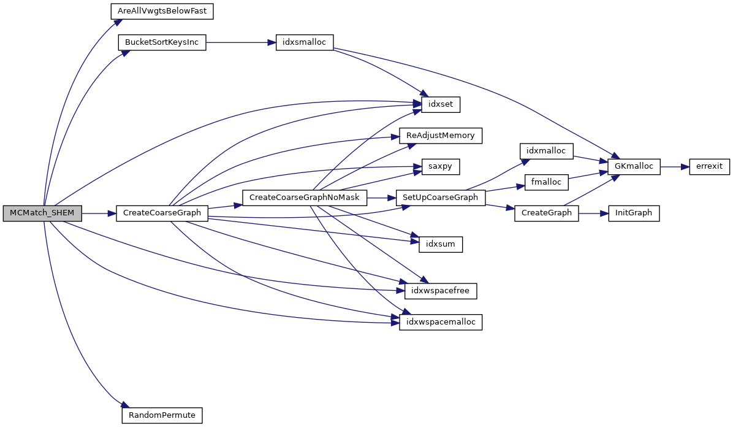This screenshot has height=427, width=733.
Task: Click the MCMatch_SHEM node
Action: point(42,213)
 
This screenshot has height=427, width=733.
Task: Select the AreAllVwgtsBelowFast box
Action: point(162,12)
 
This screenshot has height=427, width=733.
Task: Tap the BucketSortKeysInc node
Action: point(162,44)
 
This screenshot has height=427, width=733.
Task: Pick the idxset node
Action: point(440,104)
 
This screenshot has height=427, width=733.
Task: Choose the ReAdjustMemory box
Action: point(441,136)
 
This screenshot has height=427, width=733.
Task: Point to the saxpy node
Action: point(440,166)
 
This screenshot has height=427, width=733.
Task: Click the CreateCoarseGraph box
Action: point(162,213)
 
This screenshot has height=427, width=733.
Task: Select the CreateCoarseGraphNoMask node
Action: point(305,198)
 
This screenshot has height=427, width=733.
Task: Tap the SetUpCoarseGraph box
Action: point(441,198)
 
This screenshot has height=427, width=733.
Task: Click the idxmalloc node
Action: point(546,151)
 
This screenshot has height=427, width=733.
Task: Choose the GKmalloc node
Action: point(633,166)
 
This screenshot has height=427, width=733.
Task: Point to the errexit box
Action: point(709,166)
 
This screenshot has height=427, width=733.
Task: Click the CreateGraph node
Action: point(546,213)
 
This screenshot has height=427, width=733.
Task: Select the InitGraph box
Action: point(633,213)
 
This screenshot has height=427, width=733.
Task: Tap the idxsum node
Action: point(440,244)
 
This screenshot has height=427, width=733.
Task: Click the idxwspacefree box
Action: point(441,291)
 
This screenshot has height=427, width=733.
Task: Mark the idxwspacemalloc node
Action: point(441,321)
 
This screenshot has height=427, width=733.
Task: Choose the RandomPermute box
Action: point(162,415)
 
